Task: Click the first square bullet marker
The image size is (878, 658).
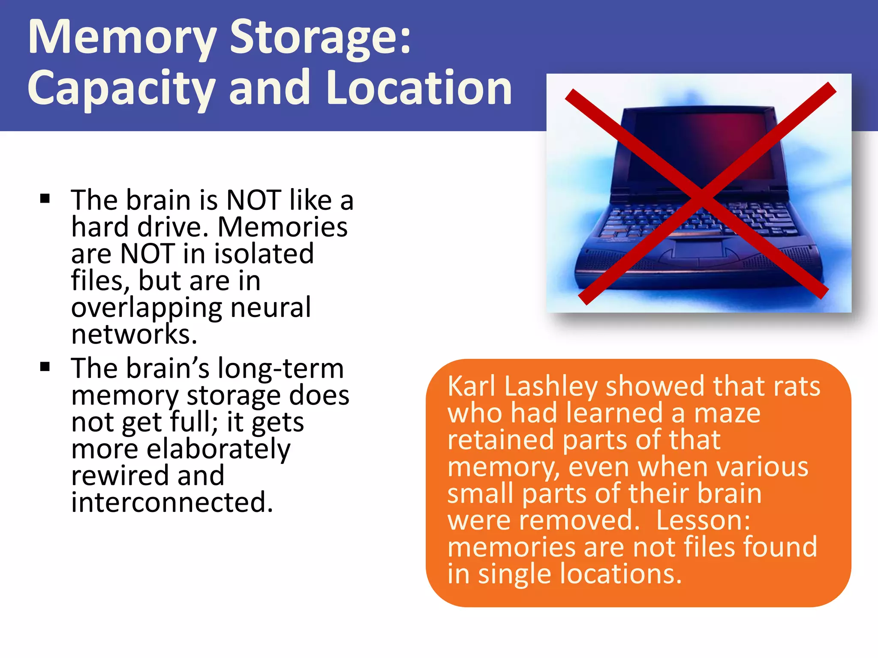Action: coord(45,199)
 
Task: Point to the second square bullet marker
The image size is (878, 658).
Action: coord(45,367)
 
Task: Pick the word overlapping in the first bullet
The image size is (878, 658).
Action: coord(146,308)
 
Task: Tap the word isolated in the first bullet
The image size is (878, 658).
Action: coord(264,254)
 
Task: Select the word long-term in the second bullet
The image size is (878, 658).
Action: coord(280,368)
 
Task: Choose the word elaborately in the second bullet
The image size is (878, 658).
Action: coord(218,450)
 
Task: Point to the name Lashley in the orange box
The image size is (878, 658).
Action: coord(550,387)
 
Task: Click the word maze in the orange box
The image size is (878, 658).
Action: coord(727,413)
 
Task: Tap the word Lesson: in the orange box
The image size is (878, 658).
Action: coord(703,520)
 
